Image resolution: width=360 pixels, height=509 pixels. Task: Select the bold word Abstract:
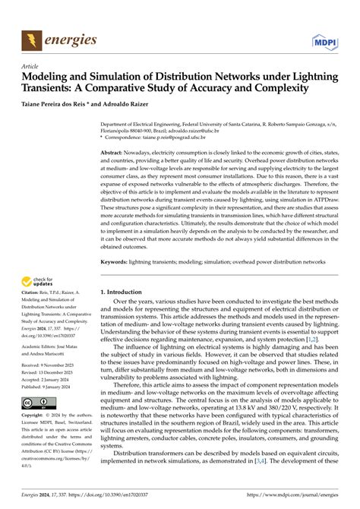(115, 153)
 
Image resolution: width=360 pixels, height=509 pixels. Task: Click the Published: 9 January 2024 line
(52, 387)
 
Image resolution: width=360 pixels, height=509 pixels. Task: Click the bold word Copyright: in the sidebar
(35, 416)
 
